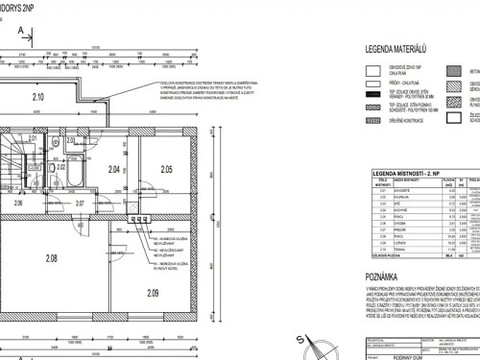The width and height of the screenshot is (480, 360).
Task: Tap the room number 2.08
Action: [x=52, y=257]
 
